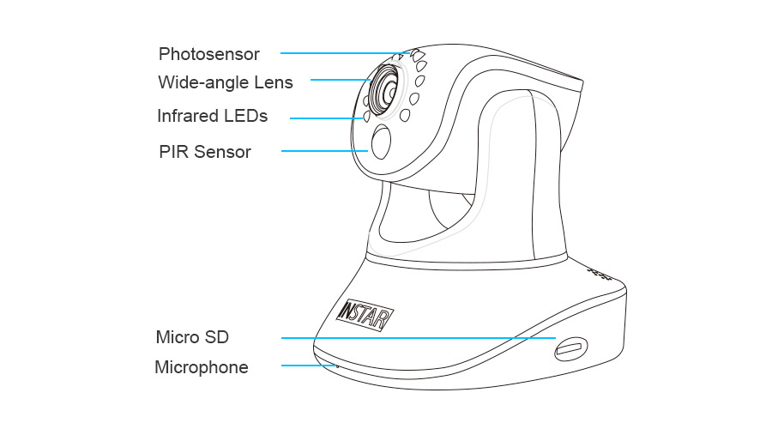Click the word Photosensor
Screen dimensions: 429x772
pos(208,54)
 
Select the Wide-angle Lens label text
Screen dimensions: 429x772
pos(226,83)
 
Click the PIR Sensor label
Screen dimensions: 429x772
pos(205,152)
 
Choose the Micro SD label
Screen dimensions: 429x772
pos(192,335)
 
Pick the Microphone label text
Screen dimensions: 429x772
pos(202,367)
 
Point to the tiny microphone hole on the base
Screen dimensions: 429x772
pos(336,366)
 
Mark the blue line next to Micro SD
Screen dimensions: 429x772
pos(412,337)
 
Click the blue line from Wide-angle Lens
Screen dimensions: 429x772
pos(339,80)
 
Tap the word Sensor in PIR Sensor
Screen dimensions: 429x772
pos(223,152)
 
